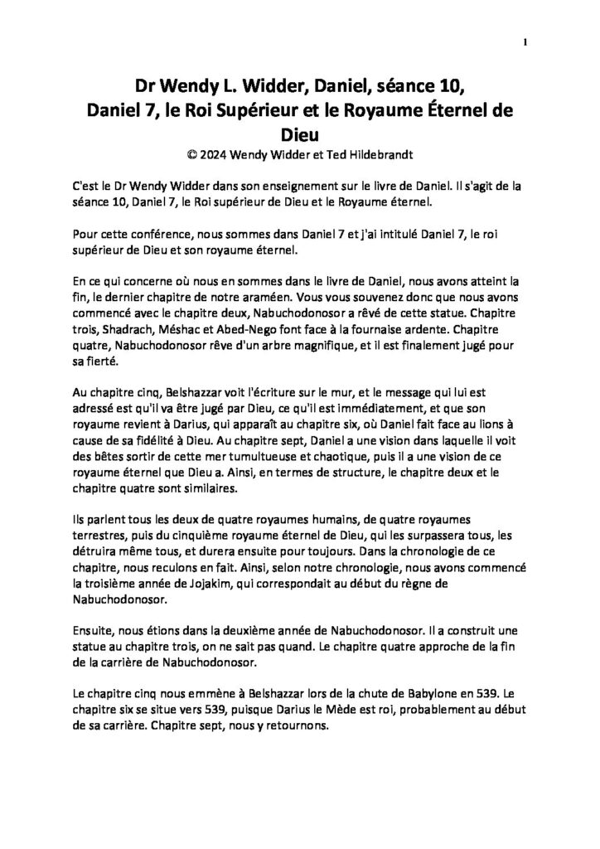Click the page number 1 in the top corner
click(525, 41)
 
